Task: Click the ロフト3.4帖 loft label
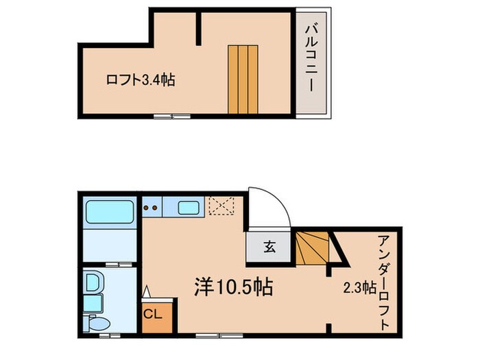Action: (140, 80)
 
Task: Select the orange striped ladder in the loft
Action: (243, 80)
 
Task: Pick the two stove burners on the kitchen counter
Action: (152, 206)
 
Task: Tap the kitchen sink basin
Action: (188, 206)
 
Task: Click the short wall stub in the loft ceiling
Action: (199, 25)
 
